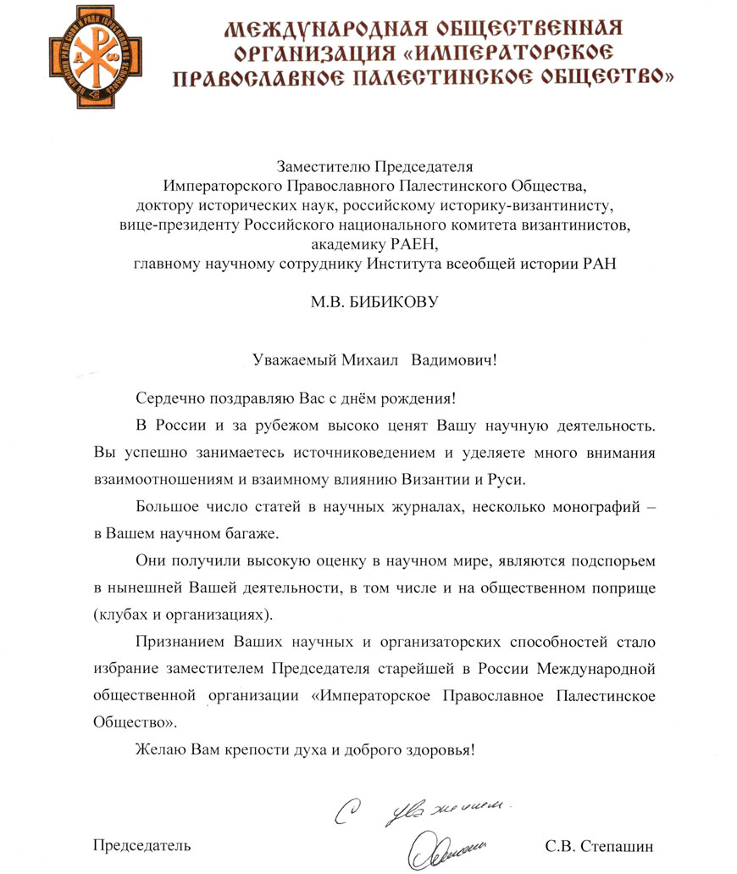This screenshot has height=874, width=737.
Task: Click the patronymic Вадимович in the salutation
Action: point(452,359)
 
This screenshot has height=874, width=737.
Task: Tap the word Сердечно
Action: point(164,398)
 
